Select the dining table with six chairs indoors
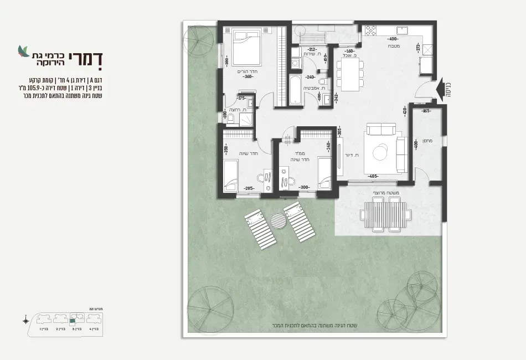(x=350, y=75)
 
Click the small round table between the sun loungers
(x=280, y=220)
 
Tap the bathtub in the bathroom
(x=295, y=90)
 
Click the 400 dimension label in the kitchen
(x=393, y=39)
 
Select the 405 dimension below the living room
(x=373, y=176)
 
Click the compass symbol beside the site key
(x=26, y=320)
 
